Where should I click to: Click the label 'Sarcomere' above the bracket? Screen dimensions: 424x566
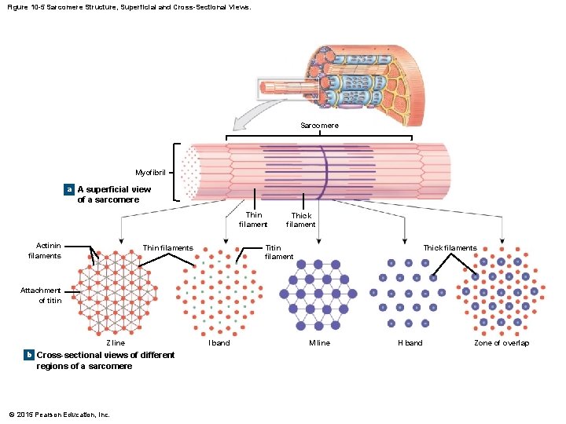tap(319, 126)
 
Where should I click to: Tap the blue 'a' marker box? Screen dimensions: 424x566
tap(69, 190)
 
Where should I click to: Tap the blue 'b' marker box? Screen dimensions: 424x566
tap(28, 355)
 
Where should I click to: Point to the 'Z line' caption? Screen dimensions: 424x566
tap(115, 343)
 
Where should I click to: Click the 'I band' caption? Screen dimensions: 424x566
tap(219, 343)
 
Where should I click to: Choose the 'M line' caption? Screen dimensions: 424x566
tap(319, 343)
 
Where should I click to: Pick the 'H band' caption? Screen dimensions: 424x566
tap(410, 343)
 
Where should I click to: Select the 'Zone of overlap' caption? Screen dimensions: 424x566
tap(502, 343)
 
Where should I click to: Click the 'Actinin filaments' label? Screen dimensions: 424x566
tap(45, 250)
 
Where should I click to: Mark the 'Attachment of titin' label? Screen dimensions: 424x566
tap(42, 295)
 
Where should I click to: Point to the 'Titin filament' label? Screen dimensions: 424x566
tap(279, 252)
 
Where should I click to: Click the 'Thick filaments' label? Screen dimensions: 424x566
tap(450, 248)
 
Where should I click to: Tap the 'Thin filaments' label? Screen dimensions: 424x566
tap(167, 248)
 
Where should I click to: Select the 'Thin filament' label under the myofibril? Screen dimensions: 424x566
tap(253, 220)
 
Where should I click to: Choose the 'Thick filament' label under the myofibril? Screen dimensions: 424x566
tap(300, 220)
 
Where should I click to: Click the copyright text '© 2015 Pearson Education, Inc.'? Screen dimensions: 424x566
tap(60, 414)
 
